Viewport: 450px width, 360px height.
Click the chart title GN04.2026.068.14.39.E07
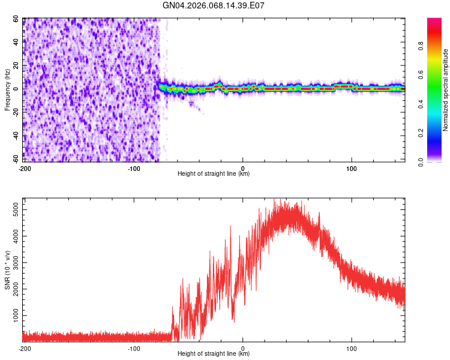(x=214, y=6)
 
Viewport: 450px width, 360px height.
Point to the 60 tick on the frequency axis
(x=17, y=19)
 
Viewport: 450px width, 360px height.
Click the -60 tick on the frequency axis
(x=16, y=159)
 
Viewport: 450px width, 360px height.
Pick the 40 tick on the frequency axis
(x=17, y=42)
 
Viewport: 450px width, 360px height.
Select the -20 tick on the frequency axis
(x=16, y=112)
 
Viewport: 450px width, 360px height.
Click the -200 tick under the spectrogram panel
(x=25, y=168)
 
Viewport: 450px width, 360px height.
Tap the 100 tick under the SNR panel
(x=352, y=348)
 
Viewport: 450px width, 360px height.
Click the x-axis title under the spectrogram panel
(x=214, y=174)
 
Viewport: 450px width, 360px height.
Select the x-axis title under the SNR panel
(x=214, y=354)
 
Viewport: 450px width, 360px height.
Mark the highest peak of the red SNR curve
(x=274, y=200)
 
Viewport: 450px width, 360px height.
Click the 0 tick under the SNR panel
(x=243, y=348)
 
